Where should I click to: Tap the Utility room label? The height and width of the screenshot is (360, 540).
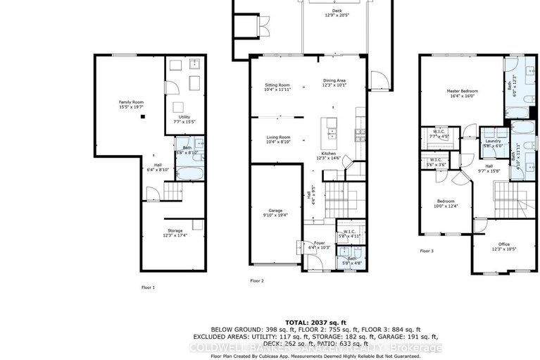click(184, 119)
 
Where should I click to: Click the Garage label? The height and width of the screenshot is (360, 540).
click(275, 213)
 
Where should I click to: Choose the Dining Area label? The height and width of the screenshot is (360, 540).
click(334, 82)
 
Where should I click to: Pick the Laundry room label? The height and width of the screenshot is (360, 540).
click(492, 143)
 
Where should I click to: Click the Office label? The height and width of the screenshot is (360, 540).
click(503, 247)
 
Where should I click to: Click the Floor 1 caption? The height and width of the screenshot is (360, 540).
click(148, 287)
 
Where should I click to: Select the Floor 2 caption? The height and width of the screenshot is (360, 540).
click(257, 280)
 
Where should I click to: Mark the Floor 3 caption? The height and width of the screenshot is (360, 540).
click(427, 251)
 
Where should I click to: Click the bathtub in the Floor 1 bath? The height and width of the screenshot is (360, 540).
click(189, 172)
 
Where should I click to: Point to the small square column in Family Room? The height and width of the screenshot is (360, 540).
click(142, 117)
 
